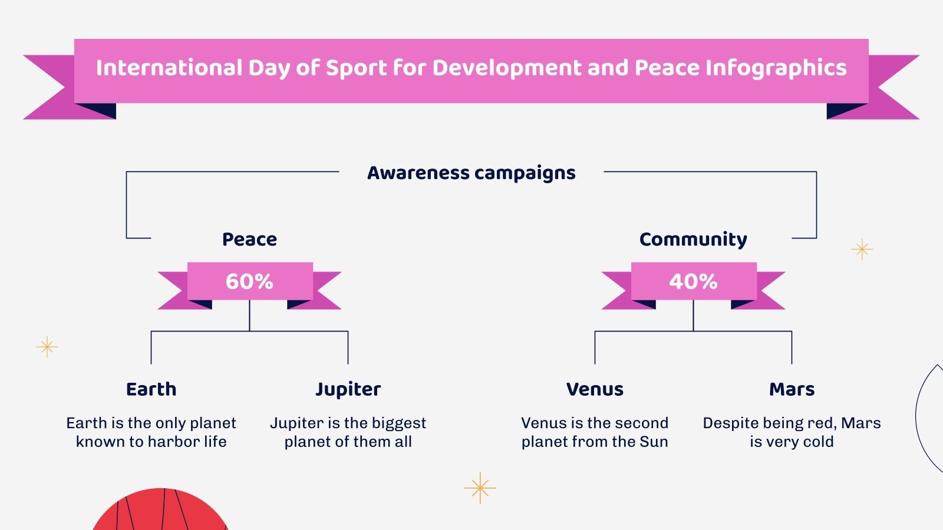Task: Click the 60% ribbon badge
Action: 249,281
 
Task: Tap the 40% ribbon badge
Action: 693,281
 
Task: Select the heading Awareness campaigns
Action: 471,173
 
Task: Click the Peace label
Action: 249,239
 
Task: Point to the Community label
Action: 693,239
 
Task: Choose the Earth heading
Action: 151,389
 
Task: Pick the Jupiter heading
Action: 348,389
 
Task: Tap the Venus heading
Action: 595,389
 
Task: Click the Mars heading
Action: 792,389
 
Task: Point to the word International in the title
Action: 169,68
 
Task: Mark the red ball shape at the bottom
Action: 160,511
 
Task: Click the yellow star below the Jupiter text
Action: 480,488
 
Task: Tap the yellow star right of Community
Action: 862,249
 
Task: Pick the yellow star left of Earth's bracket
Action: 47,347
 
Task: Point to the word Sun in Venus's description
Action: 655,442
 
